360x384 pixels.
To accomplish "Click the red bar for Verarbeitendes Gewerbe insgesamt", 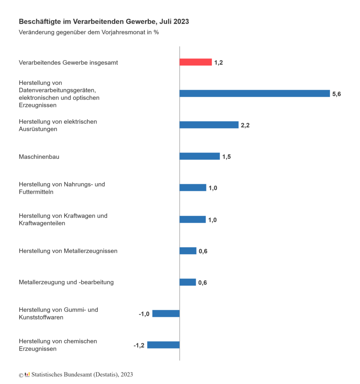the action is tap(196, 62).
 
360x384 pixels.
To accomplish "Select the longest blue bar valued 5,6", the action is tap(255, 93).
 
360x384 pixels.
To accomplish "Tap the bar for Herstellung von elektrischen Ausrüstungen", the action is tap(209, 125).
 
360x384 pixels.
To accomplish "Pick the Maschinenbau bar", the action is tap(200, 156).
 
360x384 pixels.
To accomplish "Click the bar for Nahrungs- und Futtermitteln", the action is tap(193, 187).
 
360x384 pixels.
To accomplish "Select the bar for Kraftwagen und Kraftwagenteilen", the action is tap(193, 219).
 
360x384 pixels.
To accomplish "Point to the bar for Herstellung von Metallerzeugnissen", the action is tap(188, 251).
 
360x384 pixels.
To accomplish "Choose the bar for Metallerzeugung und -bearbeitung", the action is tap(188, 282).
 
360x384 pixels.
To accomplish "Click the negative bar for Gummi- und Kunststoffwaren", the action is tap(166, 313).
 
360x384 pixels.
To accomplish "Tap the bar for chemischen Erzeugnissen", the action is tap(163, 345).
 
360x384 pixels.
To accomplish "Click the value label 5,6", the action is tap(336, 94).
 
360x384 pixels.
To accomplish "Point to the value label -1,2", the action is tap(139, 345).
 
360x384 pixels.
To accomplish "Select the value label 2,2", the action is tap(245, 125).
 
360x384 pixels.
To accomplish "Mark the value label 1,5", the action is tap(226, 157).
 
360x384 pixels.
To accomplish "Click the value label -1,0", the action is tap(144, 314).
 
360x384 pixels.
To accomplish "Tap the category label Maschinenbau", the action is tap(39, 157).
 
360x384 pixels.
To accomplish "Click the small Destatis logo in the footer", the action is tap(27, 375).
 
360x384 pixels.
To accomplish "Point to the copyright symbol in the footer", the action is tap(21, 375).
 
